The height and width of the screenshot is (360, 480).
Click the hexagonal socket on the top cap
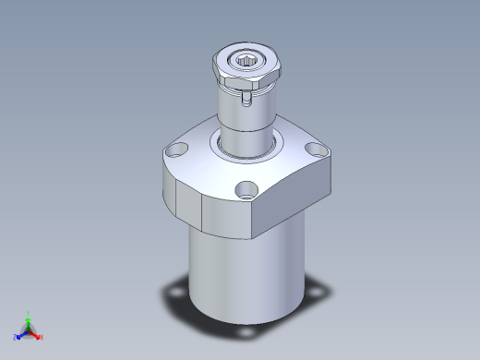click(248, 63)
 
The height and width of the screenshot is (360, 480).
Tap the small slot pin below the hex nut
click(246, 98)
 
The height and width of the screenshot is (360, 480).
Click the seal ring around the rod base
click(246, 146)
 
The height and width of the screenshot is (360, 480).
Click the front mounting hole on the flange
click(246, 191)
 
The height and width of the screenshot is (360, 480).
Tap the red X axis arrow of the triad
click(37, 334)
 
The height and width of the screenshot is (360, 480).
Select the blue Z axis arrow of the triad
click(20, 334)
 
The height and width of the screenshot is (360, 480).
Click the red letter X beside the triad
click(42, 337)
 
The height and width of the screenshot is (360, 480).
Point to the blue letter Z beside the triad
click(15, 338)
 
